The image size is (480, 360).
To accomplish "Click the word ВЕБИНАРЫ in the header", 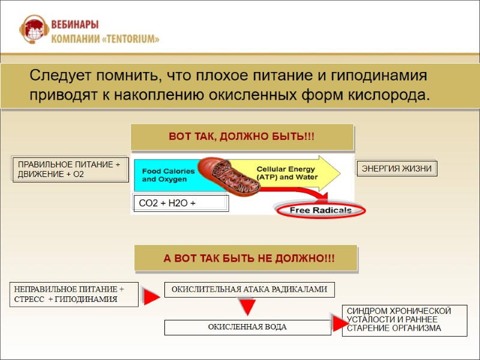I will click(x=76, y=24).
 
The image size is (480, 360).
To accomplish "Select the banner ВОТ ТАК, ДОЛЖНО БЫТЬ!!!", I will click(x=242, y=137).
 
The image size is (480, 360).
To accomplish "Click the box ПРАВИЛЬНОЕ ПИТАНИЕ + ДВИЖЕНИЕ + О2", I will click(x=70, y=169).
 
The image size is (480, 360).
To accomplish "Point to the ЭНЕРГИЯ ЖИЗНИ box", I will click(x=397, y=169).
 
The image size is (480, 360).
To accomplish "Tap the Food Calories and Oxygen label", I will click(x=168, y=175).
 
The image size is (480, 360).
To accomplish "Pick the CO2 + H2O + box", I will click(x=180, y=203).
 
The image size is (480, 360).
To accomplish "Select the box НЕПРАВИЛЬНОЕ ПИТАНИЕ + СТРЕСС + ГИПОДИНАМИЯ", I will click(x=73, y=294).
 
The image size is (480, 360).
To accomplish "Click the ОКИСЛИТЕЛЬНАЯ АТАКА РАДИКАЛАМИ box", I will click(x=249, y=290).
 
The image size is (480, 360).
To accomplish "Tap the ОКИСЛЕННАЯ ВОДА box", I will click(x=247, y=327).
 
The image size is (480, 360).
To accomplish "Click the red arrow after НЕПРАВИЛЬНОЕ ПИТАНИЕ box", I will click(x=151, y=295).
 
